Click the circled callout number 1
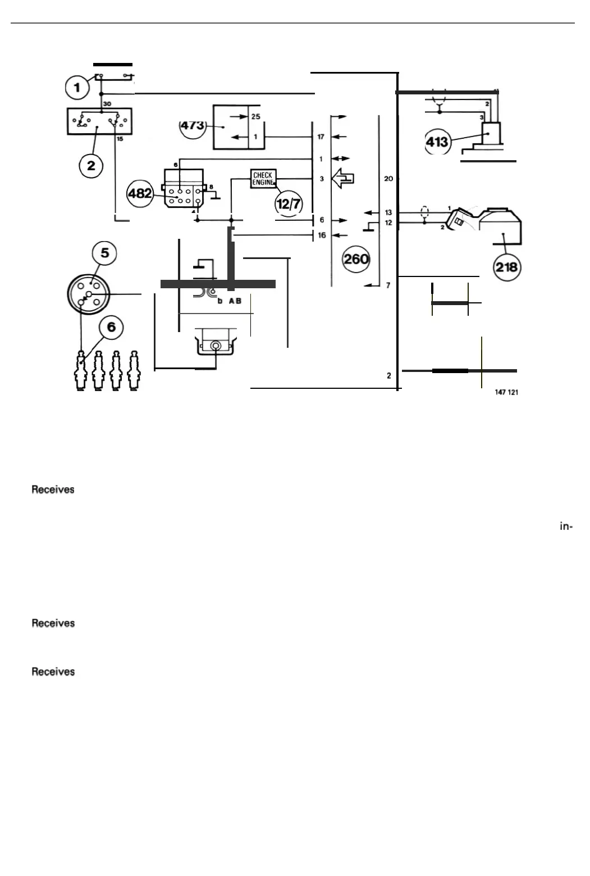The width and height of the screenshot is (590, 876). [77, 87]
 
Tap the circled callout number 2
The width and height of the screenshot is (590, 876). [91, 166]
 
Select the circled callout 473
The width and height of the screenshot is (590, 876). [193, 126]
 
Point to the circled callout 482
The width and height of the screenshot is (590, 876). [140, 193]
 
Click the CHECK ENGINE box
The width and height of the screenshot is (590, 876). [263, 179]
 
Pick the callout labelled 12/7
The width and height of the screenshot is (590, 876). [289, 203]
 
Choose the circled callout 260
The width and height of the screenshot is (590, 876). [356, 259]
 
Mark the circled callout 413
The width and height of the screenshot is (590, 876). [437, 142]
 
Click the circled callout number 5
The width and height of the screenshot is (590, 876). [105, 253]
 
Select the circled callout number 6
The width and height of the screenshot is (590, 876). [111, 326]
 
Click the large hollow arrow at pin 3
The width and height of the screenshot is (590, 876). [342, 179]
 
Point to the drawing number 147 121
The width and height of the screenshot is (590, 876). [506, 392]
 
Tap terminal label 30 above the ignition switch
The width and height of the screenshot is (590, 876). [107, 104]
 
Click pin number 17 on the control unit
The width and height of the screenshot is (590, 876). [321, 137]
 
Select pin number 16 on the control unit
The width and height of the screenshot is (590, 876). [322, 235]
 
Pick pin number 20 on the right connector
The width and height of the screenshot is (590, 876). [388, 179]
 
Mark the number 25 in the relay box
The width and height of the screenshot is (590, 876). [256, 117]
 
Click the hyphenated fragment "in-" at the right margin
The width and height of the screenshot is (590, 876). [566, 526]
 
